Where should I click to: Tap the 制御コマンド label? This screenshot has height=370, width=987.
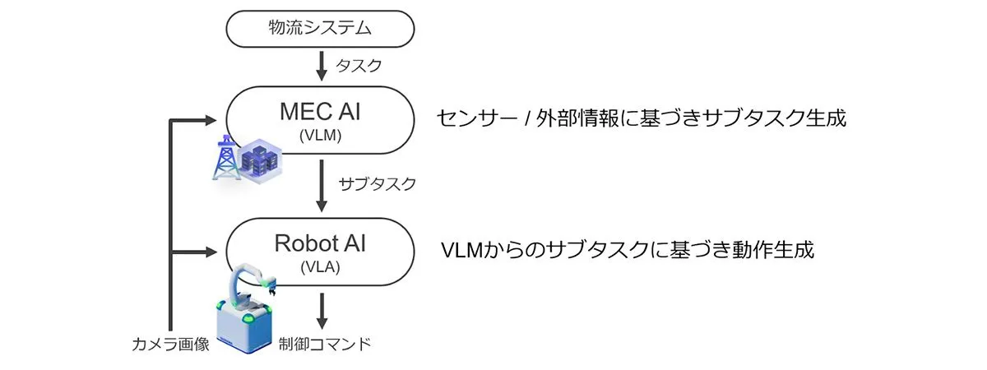coord(324,344)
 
